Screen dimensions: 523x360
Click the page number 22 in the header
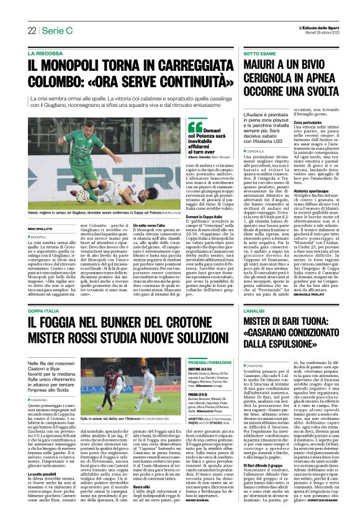point(32,30)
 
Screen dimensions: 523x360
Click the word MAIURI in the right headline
point(265,67)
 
